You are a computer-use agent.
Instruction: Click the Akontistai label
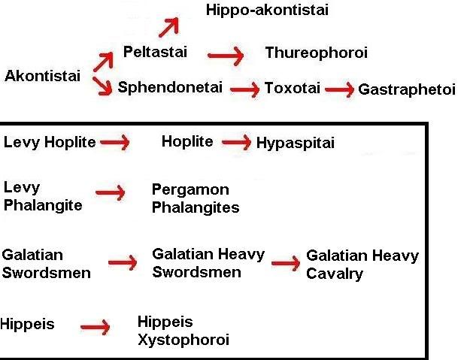[x=42, y=76]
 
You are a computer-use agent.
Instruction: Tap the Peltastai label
[x=155, y=53]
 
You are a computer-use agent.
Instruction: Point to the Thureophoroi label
[x=316, y=53]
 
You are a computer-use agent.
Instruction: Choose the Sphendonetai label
[x=170, y=87]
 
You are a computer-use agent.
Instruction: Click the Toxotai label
[x=292, y=88]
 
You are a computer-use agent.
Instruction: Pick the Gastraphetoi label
[x=407, y=89]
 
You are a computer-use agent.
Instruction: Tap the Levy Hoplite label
[x=50, y=142]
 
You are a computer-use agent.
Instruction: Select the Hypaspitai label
[x=296, y=143]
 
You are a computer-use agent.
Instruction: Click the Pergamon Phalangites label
[x=196, y=198]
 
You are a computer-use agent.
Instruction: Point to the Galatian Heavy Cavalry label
[x=362, y=265]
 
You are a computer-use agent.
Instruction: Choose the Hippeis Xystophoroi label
[x=183, y=331]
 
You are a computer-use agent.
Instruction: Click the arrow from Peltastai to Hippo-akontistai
[x=168, y=28]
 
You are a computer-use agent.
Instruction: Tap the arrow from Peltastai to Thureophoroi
[x=226, y=55]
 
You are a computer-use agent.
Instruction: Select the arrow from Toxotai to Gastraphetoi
[x=340, y=90]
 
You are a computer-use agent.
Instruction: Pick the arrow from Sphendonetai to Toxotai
[x=244, y=89]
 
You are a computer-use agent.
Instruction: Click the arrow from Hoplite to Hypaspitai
[x=237, y=142]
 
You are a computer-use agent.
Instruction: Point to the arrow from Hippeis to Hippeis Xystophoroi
[x=96, y=327]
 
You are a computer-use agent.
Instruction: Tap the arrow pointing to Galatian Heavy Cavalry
[x=286, y=264]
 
